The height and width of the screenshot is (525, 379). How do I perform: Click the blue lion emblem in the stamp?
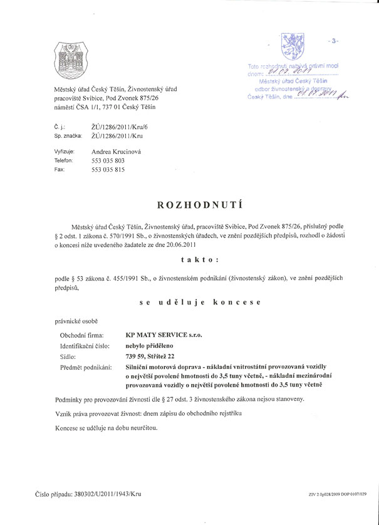tap(291, 46)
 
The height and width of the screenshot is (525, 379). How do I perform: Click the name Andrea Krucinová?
tap(118, 152)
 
